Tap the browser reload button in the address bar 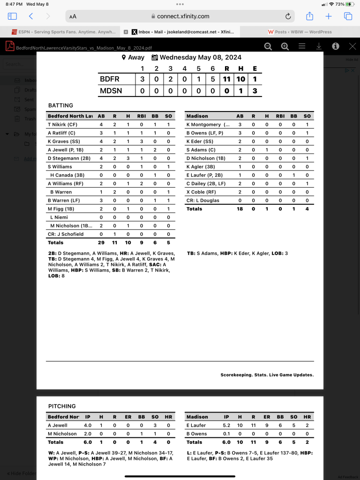click(x=288, y=16)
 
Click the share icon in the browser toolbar click(x=309, y=16)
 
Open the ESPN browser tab click(x=63, y=32)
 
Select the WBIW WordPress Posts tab click(x=300, y=32)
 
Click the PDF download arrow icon click(x=319, y=46)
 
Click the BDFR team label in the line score click(x=110, y=79)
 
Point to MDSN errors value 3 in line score click(x=255, y=91)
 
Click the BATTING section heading click(x=60, y=105)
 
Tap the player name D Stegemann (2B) click(x=70, y=158)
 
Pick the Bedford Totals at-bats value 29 click(x=101, y=243)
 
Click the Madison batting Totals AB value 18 click(x=240, y=209)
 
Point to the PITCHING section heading click(x=62, y=406)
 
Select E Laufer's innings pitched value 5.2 click(x=226, y=425)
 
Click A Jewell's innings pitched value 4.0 click(x=88, y=425)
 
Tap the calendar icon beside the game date click(x=155, y=58)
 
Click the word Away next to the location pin click(x=136, y=58)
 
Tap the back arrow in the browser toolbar click(x=31, y=16)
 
